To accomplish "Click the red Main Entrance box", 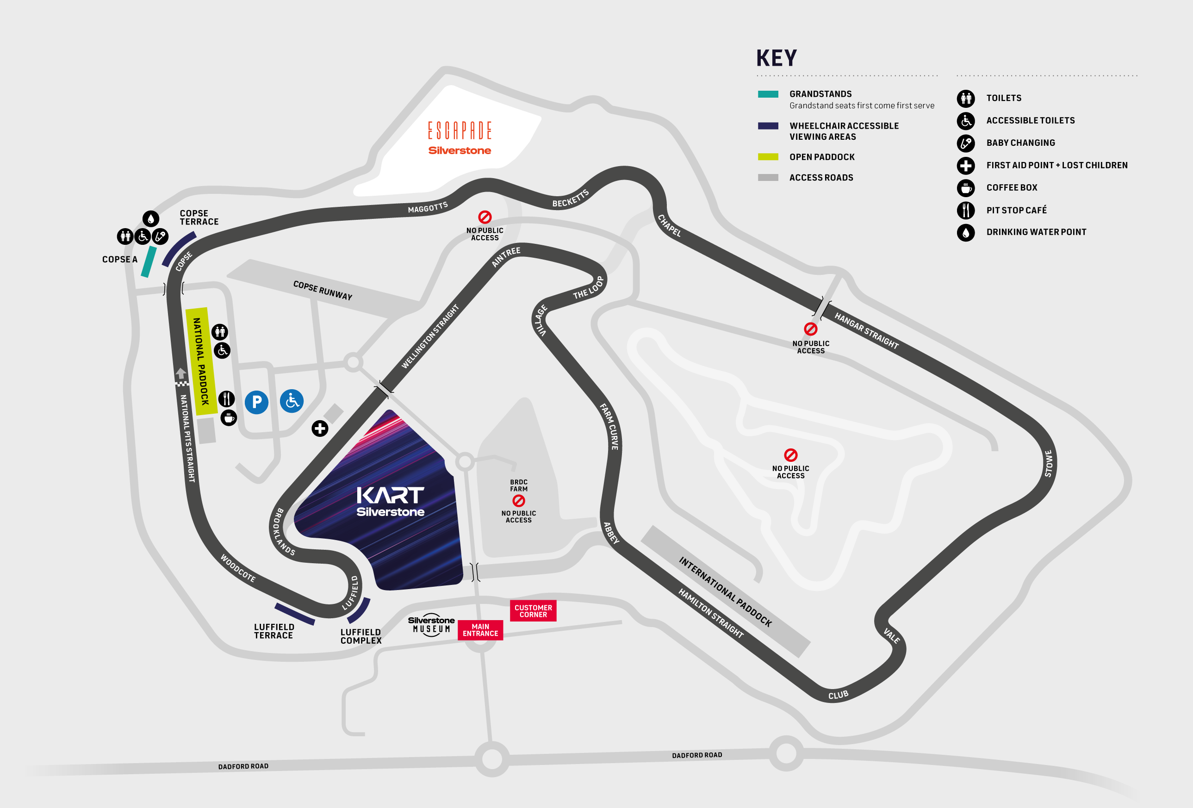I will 480,630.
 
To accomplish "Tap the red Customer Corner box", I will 533,611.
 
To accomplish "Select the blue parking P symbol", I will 257,402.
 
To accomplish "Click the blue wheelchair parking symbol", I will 292,401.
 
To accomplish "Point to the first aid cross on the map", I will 320,428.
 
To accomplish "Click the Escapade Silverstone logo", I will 460,137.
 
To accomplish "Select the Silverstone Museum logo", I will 431,625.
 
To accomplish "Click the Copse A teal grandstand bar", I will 149,261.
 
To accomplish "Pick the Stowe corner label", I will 1048,463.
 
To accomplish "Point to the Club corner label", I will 838,695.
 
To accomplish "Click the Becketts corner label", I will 570,199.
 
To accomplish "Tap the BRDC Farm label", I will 518,485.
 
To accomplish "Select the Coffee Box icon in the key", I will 966,188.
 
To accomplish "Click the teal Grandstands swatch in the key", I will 768,94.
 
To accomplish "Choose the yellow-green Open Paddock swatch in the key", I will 768,157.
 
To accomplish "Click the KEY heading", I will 776,58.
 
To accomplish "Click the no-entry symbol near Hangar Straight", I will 810,329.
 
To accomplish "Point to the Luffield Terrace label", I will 274,631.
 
